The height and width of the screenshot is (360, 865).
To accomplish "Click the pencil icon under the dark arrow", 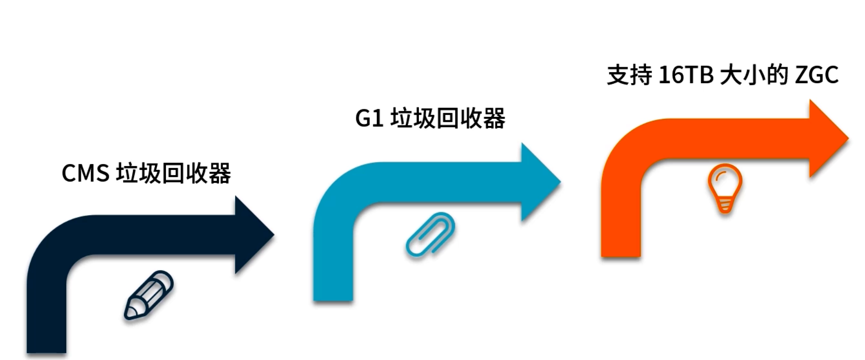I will [x=149, y=295].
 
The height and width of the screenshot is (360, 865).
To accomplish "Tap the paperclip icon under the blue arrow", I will [x=430, y=235].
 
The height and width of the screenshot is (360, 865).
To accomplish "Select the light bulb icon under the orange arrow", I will [x=725, y=188].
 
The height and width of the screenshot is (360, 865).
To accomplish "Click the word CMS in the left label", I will [x=85, y=173].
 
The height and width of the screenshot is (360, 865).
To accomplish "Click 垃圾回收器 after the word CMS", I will [x=173, y=173].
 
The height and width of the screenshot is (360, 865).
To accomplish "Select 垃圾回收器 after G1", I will [x=448, y=119].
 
